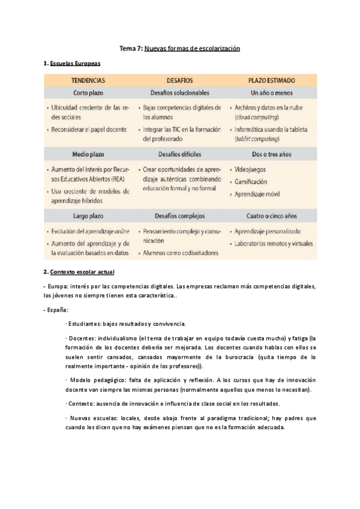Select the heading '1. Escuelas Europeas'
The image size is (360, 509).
pyautogui.click(x=72, y=63)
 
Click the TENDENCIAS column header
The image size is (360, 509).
pyautogui.click(x=88, y=80)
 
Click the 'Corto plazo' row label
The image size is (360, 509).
pyautogui.click(x=88, y=93)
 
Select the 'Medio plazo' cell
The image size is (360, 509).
pyautogui.click(x=88, y=154)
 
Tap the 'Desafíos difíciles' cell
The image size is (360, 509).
pyautogui.click(x=179, y=154)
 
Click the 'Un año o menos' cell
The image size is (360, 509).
pyautogui.click(x=271, y=93)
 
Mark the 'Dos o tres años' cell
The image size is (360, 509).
pyautogui.click(x=271, y=154)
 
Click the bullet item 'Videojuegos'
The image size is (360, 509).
pyautogui.click(x=251, y=170)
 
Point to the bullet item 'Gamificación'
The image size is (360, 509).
pyautogui.click(x=251, y=182)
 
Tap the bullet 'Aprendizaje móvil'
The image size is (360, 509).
pyautogui.click(x=259, y=194)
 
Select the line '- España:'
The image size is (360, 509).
pyautogui.click(x=56, y=310)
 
